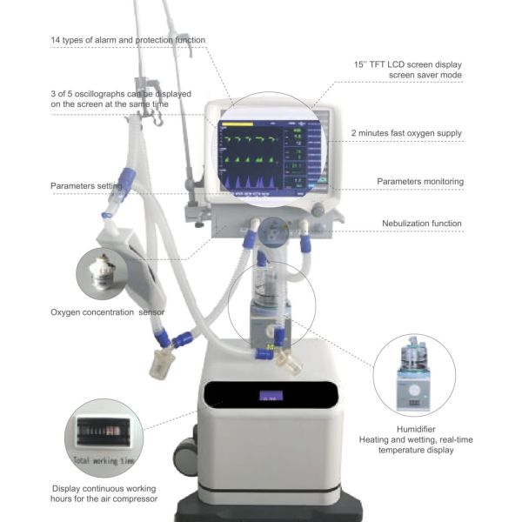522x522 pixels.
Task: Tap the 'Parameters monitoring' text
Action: [419, 181]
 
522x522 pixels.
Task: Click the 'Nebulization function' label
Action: [422, 224]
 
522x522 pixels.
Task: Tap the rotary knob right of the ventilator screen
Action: [318, 210]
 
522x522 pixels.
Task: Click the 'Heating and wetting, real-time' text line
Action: [408, 440]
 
